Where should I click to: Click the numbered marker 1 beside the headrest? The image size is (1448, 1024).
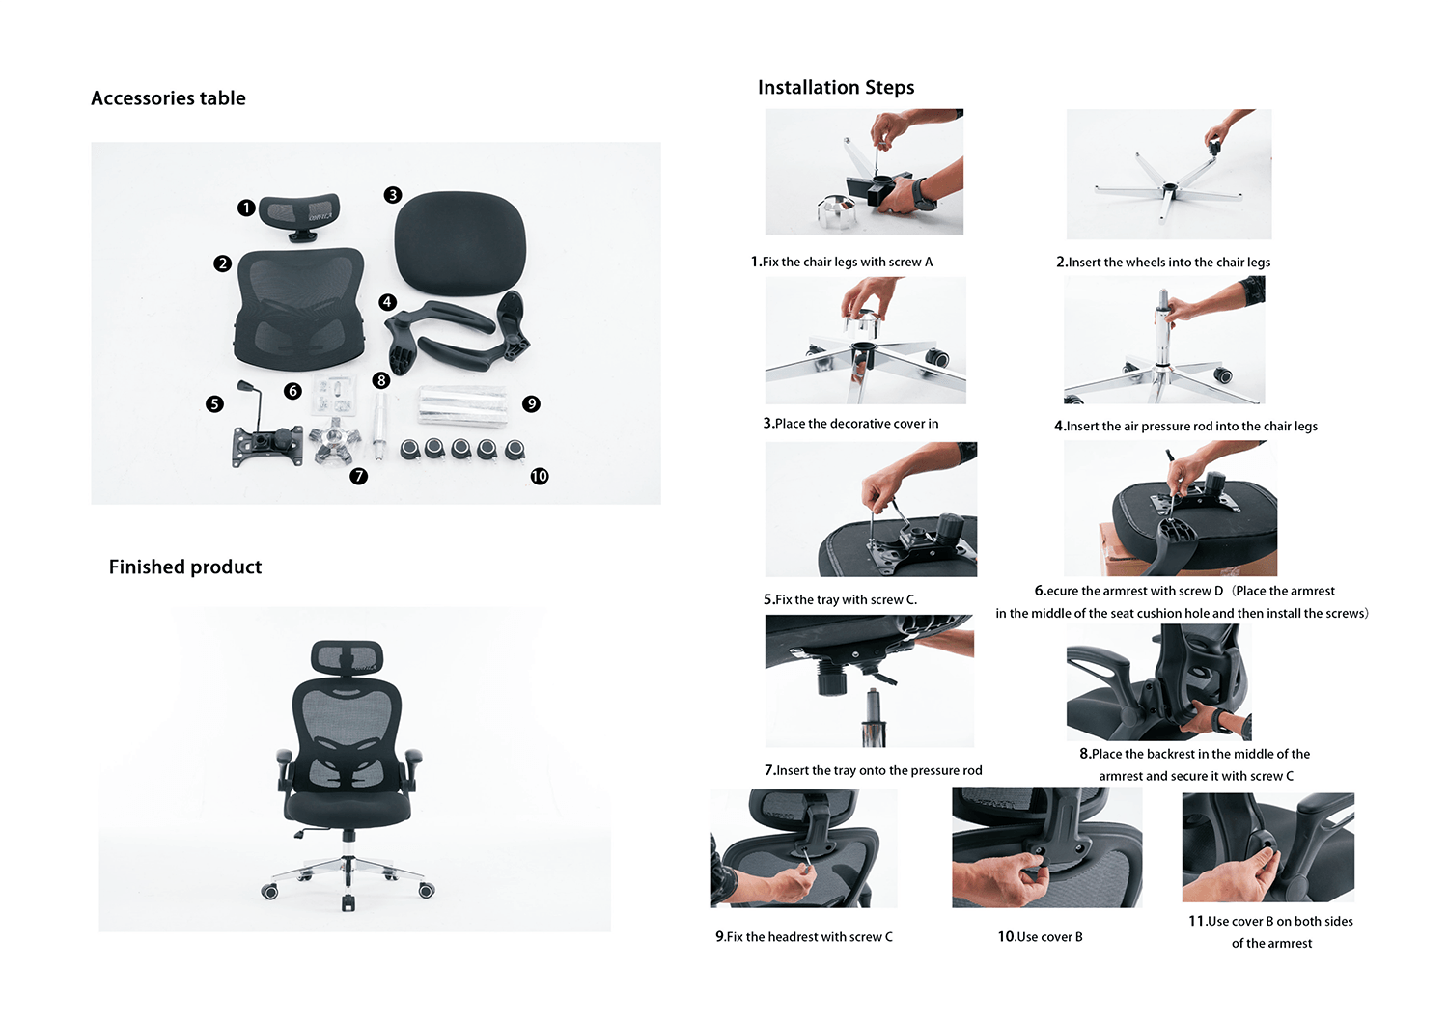[x=245, y=208]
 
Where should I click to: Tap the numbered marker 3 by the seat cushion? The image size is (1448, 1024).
[x=392, y=195]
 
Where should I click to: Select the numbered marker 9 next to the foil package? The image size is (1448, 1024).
[x=531, y=404]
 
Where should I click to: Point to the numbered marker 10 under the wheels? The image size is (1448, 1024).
[x=539, y=477]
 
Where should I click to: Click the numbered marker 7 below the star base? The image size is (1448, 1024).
[x=358, y=477]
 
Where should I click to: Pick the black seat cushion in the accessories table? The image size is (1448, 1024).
[x=459, y=243]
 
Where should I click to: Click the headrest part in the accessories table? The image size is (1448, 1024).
[x=299, y=216]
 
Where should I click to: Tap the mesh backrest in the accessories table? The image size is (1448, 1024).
[x=299, y=309]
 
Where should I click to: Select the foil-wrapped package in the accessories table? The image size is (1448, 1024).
[x=461, y=406]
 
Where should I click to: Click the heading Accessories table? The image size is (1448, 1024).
[x=168, y=98]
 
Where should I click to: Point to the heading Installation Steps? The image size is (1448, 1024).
[x=836, y=87]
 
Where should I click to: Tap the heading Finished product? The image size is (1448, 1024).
[x=185, y=567]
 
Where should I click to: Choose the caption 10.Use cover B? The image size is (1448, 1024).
[x=1040, y=937]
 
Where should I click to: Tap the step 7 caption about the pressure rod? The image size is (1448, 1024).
[x=874, y=770]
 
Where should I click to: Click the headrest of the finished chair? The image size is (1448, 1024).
[x=348, y=657]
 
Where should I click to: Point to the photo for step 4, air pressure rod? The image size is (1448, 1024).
[x=1164, y=340]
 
